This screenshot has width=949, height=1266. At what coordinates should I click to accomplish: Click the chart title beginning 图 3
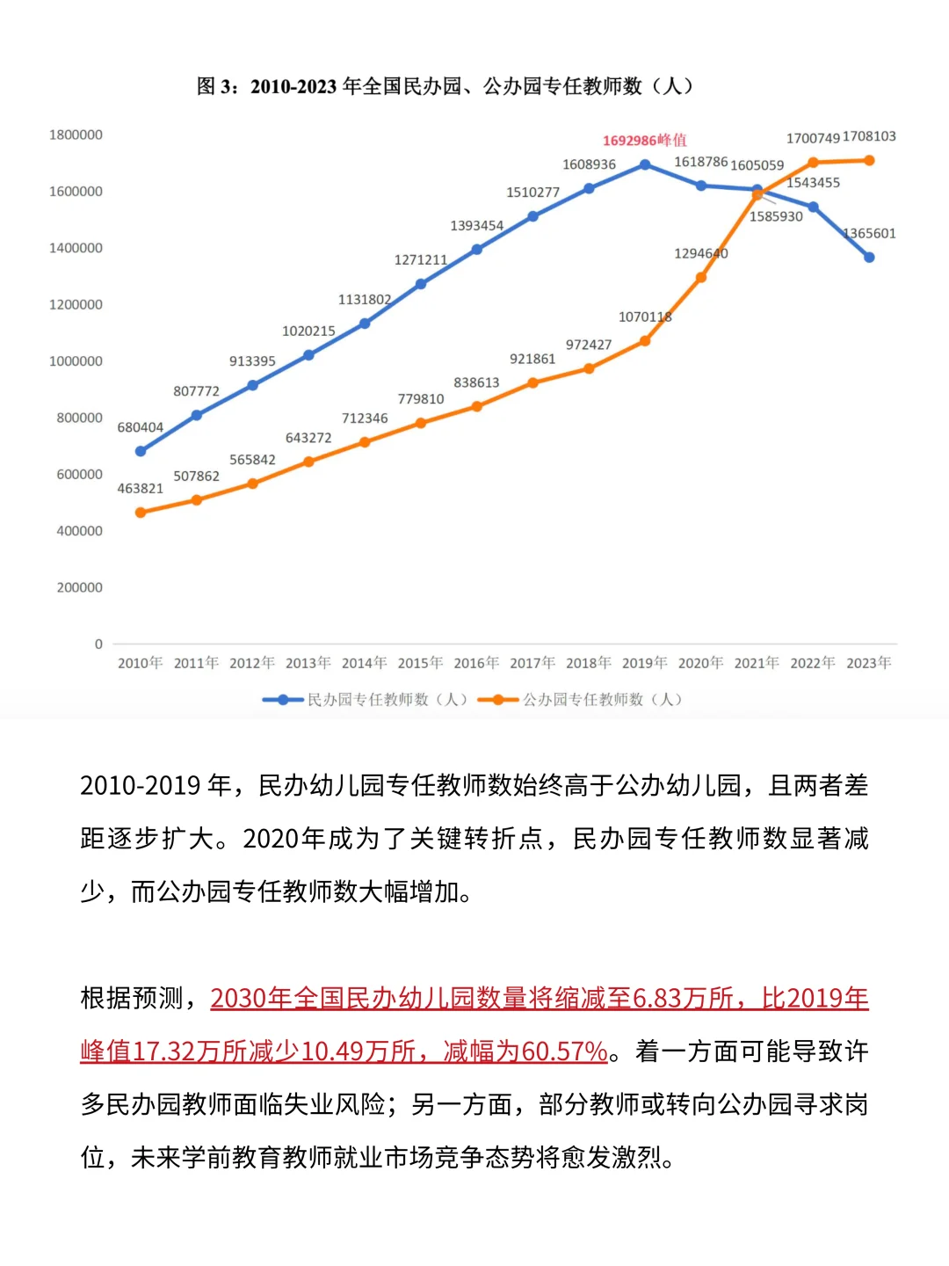coord(445,86)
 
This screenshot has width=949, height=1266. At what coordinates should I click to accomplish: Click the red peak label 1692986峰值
coord(644,141)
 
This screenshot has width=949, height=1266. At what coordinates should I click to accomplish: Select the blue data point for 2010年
coord(141,451)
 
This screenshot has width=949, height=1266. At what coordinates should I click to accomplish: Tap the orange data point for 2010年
coord(141,513)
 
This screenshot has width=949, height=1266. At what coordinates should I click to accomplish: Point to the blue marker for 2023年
coord(869,258)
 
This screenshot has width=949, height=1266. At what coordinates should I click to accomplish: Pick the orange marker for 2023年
coord(869,161)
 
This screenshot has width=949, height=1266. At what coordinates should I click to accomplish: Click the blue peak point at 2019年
coord(645,164)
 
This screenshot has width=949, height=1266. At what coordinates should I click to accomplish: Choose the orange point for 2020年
coord(701,278)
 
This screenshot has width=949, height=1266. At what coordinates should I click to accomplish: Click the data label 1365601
coord(869,234)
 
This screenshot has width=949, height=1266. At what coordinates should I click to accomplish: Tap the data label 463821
coord(141,489)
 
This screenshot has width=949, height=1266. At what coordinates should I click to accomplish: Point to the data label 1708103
coord(869,136)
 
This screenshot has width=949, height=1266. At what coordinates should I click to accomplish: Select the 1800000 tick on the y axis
coord(76,135)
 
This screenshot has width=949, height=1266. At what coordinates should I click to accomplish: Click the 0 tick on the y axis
coord(98,644)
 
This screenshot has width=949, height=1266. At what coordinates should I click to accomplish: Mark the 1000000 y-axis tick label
coord(76,361)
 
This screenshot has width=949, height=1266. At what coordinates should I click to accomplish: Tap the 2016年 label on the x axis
coord(476,663)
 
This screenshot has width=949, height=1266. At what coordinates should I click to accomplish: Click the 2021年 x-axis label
coord(757,663)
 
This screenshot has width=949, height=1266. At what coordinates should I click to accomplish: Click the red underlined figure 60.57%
coord(564,1051)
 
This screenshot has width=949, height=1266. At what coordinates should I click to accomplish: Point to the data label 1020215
coord(308,331)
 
